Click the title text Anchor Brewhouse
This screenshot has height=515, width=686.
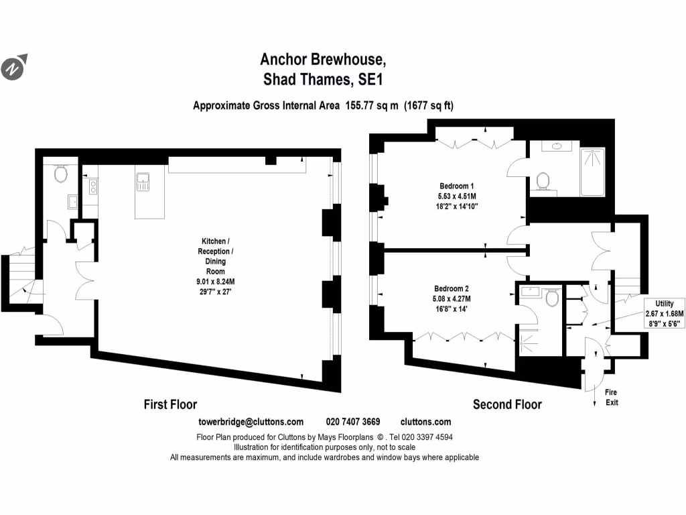[x=323, y=59]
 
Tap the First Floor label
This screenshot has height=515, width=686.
[x=170, y=404]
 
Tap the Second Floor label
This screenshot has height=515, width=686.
[x=507, y=404]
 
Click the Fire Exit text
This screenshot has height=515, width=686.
[x=612, y=397]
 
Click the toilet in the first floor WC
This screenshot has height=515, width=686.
[x=61, y=174]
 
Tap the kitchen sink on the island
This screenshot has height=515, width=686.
[x=143, y=180]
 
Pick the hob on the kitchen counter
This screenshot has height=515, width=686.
[x=92, y=186]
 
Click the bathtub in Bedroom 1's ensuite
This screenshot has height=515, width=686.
[x=592, y=171]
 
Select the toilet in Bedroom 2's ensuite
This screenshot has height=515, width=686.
[x=552, y=297]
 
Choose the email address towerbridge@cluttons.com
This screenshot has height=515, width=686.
[x=251, y=422]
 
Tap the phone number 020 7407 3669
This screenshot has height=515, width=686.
[x=353, y=422]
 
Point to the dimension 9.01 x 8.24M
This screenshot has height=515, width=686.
[x=211, y=282]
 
